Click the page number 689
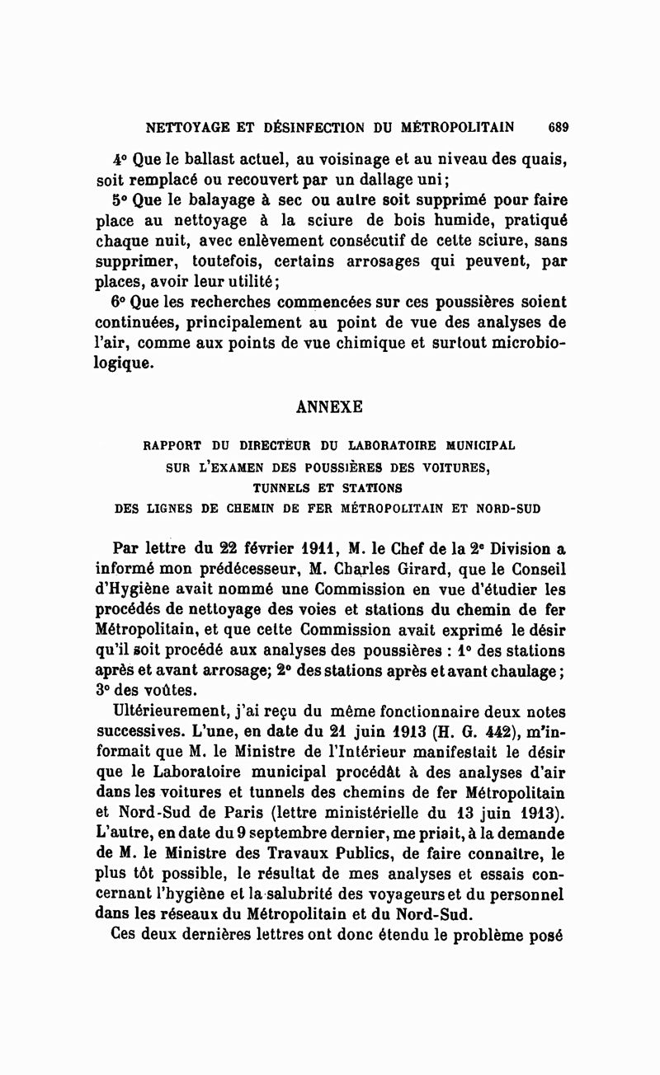[x=558, y=128]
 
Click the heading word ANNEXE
[x=329, y=407]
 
